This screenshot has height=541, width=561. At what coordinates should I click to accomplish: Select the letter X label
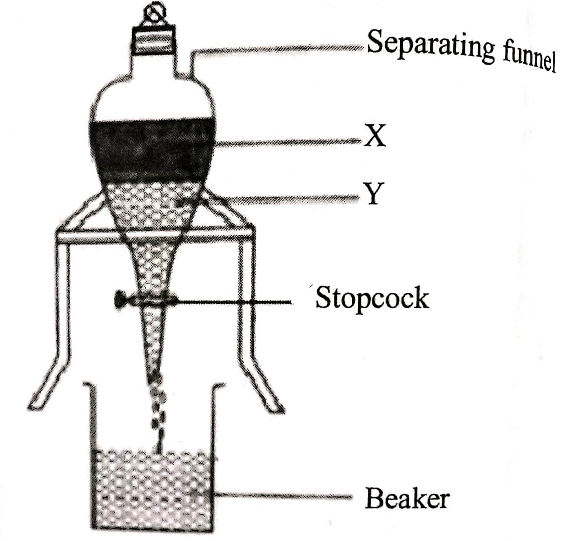click(375, 136)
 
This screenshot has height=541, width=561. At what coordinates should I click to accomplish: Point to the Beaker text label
click(407, 499)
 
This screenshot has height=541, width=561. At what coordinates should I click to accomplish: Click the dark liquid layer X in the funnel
click(153, 149)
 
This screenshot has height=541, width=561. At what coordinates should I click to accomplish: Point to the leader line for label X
click(287, 143)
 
